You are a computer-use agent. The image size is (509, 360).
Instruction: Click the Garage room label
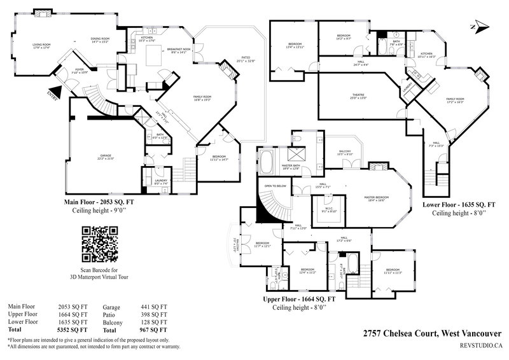106,156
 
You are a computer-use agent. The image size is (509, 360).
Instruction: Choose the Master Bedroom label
376,198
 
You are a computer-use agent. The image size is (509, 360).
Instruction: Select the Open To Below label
275,186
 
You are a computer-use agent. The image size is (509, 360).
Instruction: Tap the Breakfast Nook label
178,51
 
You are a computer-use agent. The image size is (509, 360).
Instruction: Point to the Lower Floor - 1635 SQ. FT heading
459,204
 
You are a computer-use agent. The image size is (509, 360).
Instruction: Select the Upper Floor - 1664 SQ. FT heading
299,298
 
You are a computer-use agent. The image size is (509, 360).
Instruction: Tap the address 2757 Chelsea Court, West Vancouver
432,333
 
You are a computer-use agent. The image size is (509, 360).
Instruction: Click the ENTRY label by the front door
52,95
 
